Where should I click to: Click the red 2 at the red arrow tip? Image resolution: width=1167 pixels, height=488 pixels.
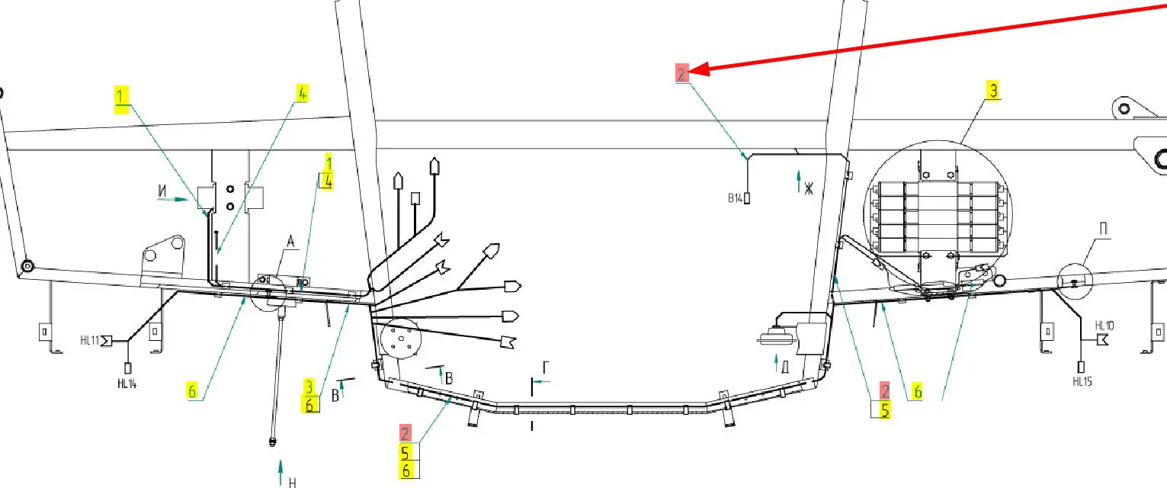coord(682,73)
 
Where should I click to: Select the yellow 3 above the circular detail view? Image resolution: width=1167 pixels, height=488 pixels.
coord(993,90)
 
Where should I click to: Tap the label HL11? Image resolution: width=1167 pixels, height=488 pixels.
coord(90,340)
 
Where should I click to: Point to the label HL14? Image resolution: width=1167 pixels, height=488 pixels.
coord(127,384)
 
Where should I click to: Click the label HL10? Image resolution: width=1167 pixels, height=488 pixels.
coord(1104,326)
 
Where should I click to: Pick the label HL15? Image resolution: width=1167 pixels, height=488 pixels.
coord(1082,382)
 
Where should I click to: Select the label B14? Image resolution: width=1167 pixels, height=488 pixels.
coord(735,198)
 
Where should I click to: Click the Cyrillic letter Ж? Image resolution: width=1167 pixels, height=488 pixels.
coord(809,189)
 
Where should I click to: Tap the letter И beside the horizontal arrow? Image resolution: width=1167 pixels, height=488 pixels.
coord(162,191)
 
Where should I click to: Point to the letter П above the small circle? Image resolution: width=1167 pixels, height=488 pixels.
coord(1104,229)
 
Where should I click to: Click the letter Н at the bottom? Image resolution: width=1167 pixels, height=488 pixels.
coord(292,483)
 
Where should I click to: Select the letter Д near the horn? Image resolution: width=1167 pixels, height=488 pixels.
coord(785,367)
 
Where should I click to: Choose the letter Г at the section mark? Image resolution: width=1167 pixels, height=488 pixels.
coord(546,368)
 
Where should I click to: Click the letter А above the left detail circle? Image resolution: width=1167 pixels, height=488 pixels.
coord(290,242)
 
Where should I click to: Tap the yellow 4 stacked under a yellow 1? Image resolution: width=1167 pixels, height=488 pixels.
coord(328,181)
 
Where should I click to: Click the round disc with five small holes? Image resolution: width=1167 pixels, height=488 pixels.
coord(400,339)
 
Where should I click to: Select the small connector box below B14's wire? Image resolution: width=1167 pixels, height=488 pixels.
coord(746,199)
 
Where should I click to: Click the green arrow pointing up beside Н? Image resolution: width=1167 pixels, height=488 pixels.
coord(281,473)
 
